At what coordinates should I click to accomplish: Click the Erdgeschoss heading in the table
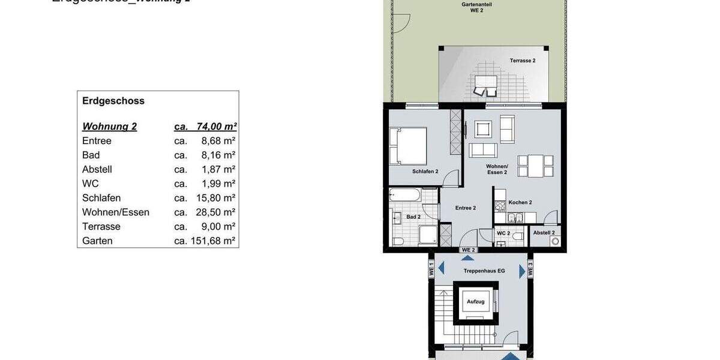tap(113, 101)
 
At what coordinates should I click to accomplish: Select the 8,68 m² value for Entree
tap(218, 141)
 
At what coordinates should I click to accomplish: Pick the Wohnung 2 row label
tap(109, 127)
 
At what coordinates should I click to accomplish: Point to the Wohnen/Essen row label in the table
tap(116, 212)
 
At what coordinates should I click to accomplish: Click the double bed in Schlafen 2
tap(409, 145)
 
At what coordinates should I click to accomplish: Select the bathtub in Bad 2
tap(405, 194)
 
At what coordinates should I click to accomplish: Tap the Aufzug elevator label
tap(476, 301)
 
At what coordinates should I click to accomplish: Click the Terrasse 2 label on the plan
tap(523, 61)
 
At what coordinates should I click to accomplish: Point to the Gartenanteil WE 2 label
tap(474, 7)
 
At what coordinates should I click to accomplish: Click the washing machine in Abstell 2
tap(554, 241)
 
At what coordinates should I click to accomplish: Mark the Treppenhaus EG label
tap(484, 271)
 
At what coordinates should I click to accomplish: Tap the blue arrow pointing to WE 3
tap(522, 271)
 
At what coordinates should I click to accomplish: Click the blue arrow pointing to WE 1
tap(441, 269)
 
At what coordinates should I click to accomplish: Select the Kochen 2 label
tap(520, 203)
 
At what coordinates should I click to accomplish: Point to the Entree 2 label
tap(466, 208)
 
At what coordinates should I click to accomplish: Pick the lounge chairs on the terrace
tap(485, 89)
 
